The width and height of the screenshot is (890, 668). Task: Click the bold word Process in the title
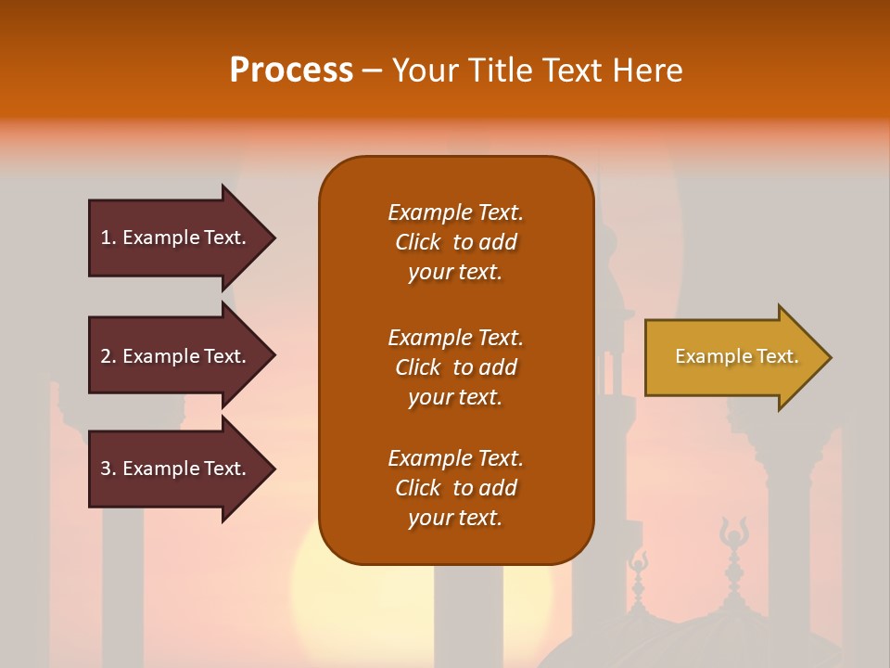click(291, 70)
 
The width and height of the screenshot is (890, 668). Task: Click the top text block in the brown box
click(455, 242)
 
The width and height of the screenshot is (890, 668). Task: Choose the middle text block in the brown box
click(455, 367)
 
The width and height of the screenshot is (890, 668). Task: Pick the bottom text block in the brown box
click(455, 488)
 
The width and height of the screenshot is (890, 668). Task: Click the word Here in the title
click(648, 70)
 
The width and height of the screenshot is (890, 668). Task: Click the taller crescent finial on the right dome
click(733, 538)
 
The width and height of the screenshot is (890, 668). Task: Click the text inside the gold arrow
click(737, 356)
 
